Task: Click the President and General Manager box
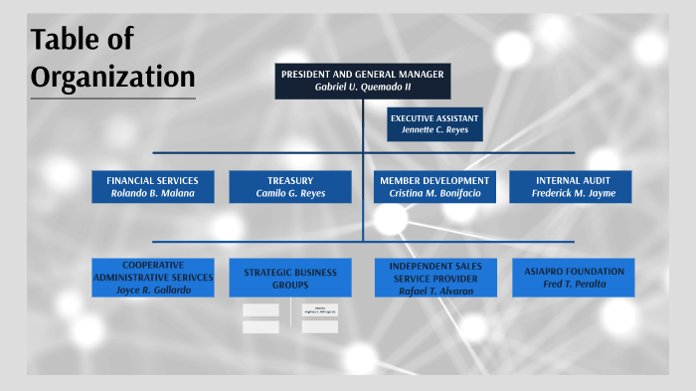click(362, 81)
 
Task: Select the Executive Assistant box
click(435, 123)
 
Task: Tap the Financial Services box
click(152, 186)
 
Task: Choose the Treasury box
click(290, 186)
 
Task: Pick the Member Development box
click(435, 186)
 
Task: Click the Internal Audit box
click(573, 186)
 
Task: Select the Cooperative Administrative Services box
click(152, 277)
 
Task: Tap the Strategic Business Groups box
click(290, 278)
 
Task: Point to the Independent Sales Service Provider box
click(435, 278)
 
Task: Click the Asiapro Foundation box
click(574, 278)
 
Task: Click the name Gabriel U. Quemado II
click(362, 88)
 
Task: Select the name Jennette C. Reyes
click(435, 130)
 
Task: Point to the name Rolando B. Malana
click(152, 193)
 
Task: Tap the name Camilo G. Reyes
click(290, 193)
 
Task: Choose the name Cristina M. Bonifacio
click(435, 193)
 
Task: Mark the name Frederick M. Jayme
click(573, 193)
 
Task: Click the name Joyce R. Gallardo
click(152, 290)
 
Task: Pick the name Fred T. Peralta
click(574, 285)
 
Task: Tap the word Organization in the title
click(111, 76)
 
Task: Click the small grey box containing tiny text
click(320, 310)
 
